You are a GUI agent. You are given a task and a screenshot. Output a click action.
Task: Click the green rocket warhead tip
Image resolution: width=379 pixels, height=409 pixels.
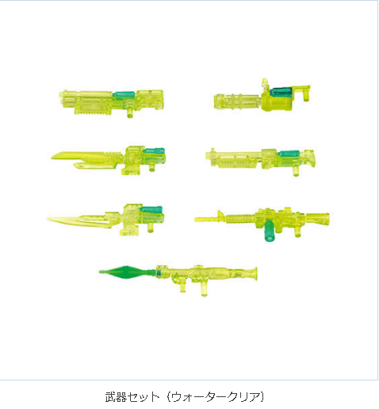[100, 272]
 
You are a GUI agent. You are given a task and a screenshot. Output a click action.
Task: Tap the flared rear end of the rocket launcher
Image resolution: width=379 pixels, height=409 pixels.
[255, 273]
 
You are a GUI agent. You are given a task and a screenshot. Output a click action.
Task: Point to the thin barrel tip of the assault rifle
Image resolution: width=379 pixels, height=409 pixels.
[196, 220]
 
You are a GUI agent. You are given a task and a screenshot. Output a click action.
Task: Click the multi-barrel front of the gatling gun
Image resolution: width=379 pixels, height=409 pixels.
[236, 101]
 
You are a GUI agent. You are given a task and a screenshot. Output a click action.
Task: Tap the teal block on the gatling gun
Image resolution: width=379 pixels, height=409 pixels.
[281, 91]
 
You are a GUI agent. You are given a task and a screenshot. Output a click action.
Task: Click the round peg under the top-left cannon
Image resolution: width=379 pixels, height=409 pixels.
[130, 113]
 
